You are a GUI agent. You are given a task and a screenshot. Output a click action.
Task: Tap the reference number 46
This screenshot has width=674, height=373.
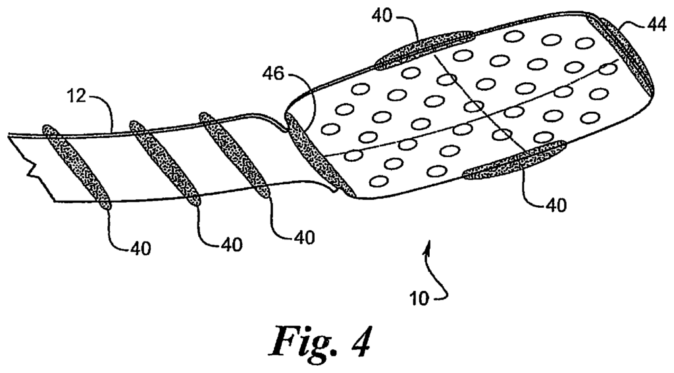coord(273,74)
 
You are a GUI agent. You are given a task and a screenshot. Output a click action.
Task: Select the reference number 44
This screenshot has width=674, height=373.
coord(656,26)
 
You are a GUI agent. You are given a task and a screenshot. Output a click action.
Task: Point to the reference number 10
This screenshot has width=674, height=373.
coord(419,298)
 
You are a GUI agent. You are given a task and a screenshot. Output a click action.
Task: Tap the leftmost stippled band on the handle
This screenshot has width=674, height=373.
coord(76,167)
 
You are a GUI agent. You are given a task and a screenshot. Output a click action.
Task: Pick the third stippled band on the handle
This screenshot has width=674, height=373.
coord(235,155)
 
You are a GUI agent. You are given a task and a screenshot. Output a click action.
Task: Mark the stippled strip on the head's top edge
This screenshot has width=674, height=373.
coord(424,49)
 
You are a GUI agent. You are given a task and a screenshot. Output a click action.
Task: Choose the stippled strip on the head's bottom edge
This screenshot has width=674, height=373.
coord(514,159)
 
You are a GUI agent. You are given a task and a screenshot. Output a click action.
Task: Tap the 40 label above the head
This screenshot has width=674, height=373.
coord(382,16)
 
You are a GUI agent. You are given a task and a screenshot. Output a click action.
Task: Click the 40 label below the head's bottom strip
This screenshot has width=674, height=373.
coord(556,205)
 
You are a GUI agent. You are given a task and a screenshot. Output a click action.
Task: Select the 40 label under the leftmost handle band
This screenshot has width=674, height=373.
coord(140,249)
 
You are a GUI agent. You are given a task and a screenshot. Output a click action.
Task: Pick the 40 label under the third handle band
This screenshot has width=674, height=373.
coord(304,237)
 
